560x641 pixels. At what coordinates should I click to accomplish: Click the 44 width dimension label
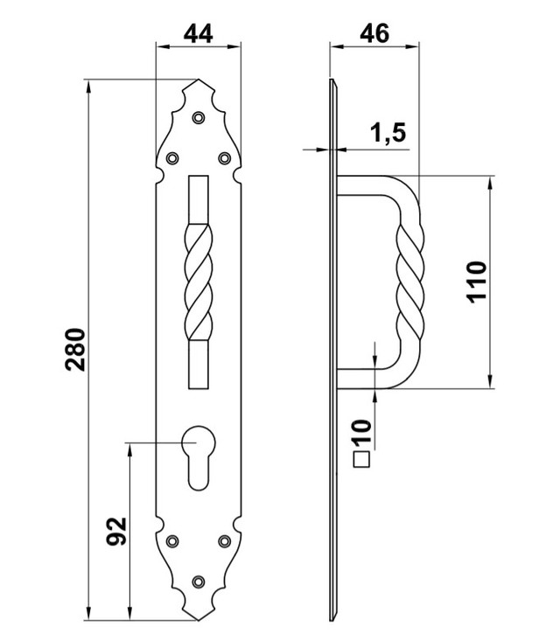[x=198, y=34]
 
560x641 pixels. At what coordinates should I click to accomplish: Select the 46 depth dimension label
[x=374, y=33]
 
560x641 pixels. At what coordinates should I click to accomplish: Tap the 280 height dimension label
[x=75, y=349]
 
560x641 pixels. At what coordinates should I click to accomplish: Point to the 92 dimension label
[x=116, y=531]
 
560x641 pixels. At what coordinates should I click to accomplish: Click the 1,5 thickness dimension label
[x=388, y=133]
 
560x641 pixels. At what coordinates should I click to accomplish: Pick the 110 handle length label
[x=477, y=282]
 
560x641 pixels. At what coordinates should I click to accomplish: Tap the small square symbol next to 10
[x=361, y=459]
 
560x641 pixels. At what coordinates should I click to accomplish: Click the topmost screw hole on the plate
[x=199, y=118]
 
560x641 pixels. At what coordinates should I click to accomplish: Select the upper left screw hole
[x=172, y=157]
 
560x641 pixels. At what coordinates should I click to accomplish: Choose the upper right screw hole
[x=224, y=157]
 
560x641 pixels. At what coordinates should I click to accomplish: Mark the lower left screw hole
[x=172, y=541]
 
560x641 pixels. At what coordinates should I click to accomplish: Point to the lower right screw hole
[x=224, y=541]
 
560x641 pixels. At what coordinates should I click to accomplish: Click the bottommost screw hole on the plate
[x=199, y=582]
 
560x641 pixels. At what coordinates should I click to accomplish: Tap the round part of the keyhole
[x=199, y=442]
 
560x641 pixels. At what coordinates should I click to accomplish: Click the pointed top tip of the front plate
[x=199, y=80]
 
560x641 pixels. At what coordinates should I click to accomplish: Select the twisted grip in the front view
[x=199, y=282]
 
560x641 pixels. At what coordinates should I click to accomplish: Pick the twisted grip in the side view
[x=409, y=282]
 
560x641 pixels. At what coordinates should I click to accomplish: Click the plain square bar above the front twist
[x=199, y=199]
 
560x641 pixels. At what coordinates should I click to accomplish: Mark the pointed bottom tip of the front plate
[x=199, y=620]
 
